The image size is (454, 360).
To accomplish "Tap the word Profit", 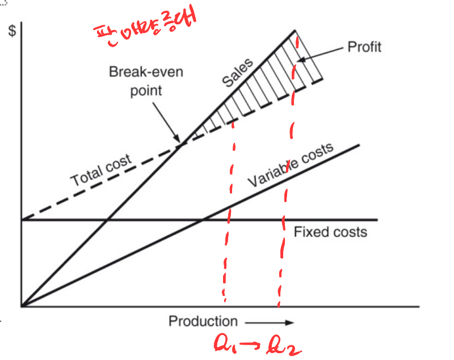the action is coord(364,46).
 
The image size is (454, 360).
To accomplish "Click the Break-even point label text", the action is coord(146,81).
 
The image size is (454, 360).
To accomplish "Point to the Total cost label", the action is coord(101,170).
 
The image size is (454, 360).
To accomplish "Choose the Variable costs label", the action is coord(290,167).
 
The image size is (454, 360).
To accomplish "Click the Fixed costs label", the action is coord(330,232).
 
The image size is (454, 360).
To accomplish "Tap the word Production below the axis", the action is coord(203,321).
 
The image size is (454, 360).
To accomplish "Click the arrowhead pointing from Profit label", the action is coord(300,58).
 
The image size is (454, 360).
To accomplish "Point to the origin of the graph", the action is coord(22,306).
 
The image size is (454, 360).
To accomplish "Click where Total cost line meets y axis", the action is coord(22,219).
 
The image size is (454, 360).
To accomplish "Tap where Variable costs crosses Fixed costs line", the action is coord(201,219).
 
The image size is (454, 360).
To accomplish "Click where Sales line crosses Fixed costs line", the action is coord(107,219).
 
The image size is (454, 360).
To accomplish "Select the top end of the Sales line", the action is coord(296,30).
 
